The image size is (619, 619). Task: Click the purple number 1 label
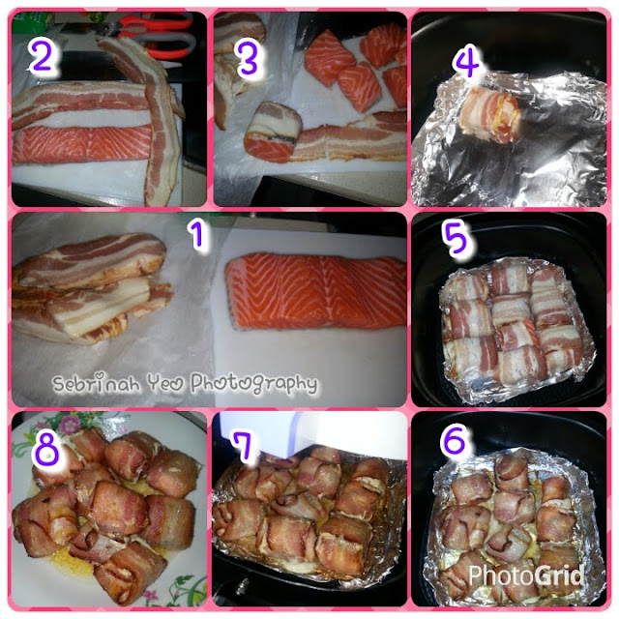point(197,235)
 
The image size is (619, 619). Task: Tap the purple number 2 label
point(42,56)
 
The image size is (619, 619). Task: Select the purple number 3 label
point(248,59)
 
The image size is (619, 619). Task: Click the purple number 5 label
point(457,238)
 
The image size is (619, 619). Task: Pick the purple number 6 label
point(455,439)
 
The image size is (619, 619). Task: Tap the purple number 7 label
point(244,446)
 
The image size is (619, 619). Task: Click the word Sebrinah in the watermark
point(97,383)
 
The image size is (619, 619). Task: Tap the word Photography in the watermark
point(254,383)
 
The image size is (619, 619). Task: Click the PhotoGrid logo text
point(526,575)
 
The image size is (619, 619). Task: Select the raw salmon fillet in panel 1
point(316,291)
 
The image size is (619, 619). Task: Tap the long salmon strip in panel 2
point(83,143)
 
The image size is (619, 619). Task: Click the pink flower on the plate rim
point(70,426)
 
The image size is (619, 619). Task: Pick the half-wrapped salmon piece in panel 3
point(273,132)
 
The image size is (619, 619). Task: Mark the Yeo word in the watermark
point(165,383)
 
